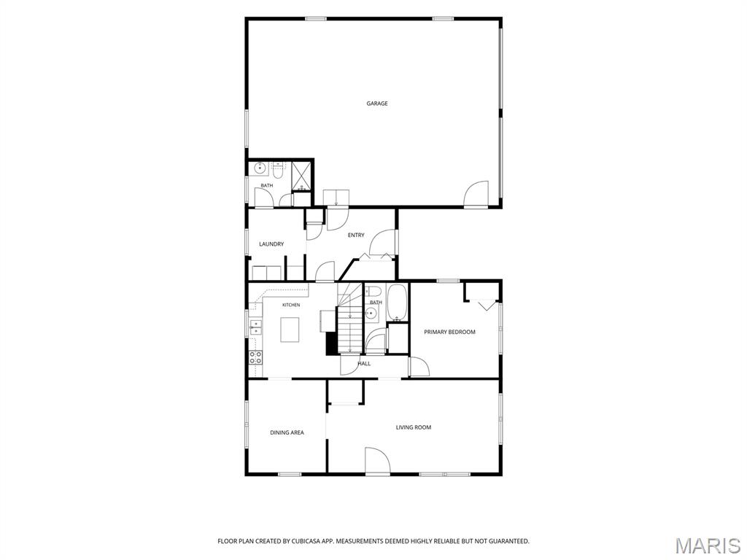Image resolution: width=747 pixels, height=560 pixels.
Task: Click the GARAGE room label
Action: [377, 104]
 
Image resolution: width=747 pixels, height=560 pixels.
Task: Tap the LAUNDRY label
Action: [271, 244]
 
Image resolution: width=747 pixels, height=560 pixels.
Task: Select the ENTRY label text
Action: [356, 236]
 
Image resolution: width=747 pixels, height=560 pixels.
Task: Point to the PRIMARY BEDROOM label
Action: [449, 332]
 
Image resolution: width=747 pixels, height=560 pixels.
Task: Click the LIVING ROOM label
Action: [414, 427]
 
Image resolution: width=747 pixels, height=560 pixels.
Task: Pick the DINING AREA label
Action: [287, 433]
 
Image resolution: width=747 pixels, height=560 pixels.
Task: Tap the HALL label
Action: [365, 364]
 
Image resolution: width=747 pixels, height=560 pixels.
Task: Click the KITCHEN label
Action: [291, 306]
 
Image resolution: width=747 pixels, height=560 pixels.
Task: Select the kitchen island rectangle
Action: [290, 330]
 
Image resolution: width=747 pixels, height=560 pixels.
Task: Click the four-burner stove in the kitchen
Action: [256, 357]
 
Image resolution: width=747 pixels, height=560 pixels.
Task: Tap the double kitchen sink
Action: [256, 327]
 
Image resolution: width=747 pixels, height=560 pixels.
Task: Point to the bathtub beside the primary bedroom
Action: [397, 302]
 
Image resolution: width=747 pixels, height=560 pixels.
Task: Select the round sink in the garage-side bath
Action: [260, 168]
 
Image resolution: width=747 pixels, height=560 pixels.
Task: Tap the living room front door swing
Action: [377, 461]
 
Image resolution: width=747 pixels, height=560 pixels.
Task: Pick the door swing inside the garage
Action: [476, 194]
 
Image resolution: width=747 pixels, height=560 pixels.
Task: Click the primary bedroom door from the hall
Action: [419, 367]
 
